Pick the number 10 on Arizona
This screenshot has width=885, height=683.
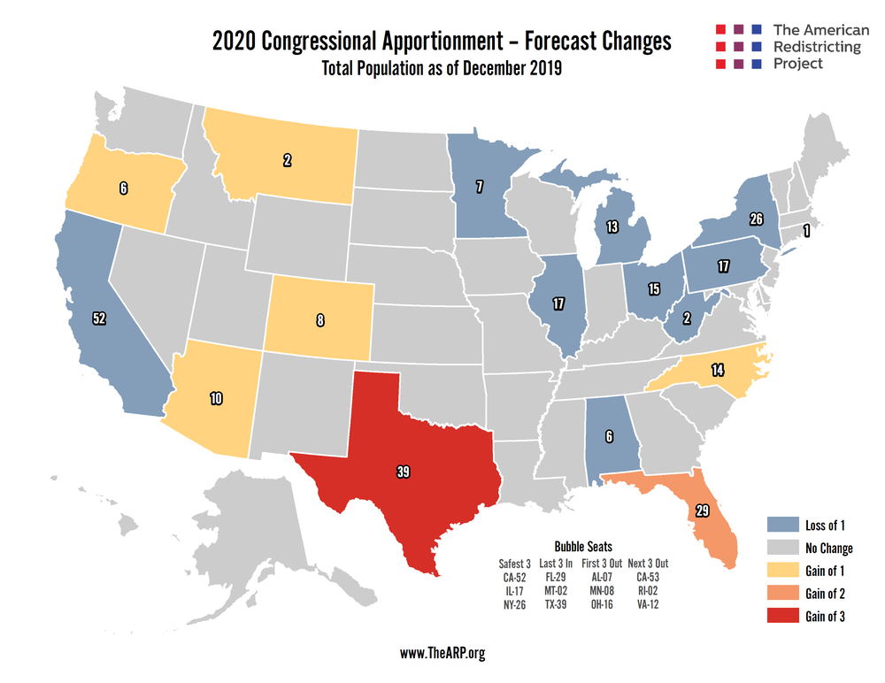click(215, 398)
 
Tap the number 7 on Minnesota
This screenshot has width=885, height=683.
click(479, 187)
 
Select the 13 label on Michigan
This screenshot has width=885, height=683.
click(612, 227)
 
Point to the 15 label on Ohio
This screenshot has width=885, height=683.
click(654, 289)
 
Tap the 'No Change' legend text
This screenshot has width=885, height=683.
click(829, 549)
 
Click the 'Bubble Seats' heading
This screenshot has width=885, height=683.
click(581, 548)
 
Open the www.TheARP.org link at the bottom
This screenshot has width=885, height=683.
click(442, 654)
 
